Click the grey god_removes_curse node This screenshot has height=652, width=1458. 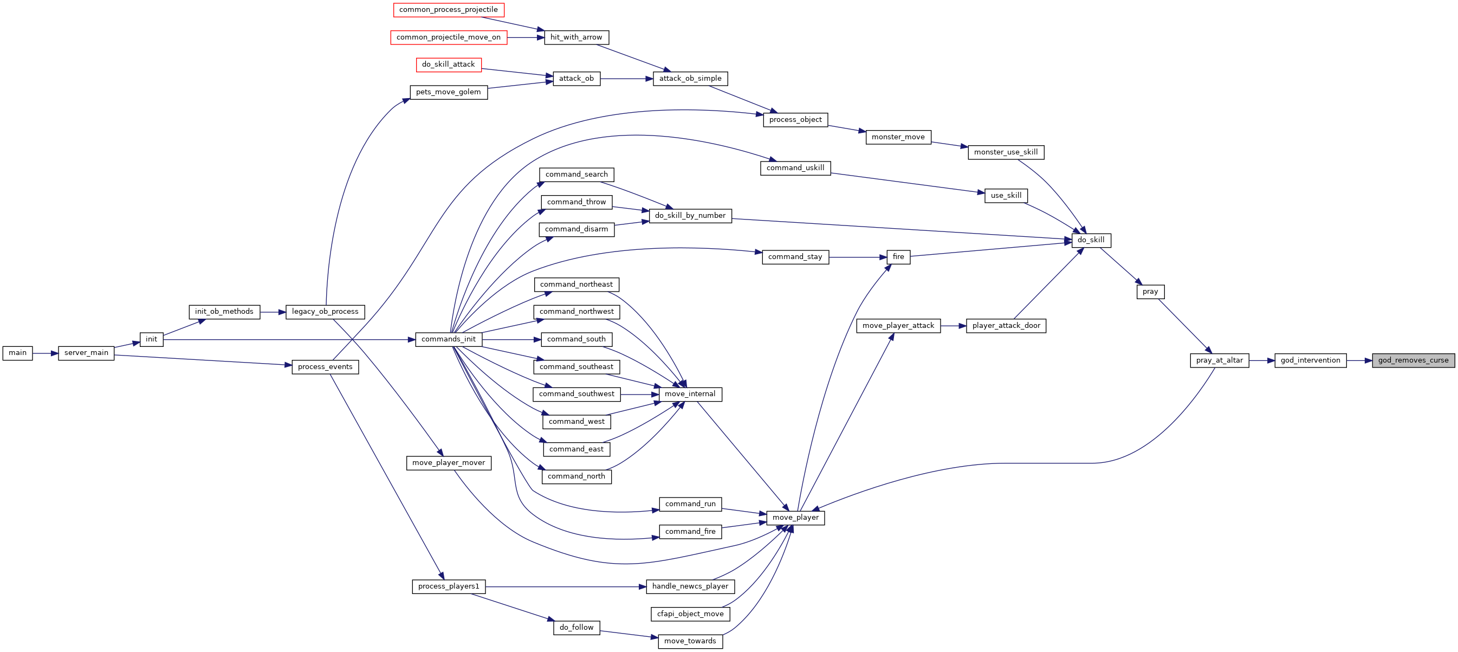point(1413,360)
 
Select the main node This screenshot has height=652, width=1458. point(17,353)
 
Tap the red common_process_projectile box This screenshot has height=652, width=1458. point(448,10)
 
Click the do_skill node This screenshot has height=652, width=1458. point(1091,240)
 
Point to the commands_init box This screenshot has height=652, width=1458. point(449,340)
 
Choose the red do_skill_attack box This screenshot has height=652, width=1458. point(448,64)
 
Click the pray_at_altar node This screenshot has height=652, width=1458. point(1219,360)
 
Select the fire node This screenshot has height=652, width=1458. point(898,257)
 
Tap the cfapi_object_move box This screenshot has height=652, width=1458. point(690,614)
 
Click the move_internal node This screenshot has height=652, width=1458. point(690,395)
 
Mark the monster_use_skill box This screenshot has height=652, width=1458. point(1006,152)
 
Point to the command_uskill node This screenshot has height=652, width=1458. point(795,168)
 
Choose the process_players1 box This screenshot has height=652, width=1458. point(448,586)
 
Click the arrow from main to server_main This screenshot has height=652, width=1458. point(46,353)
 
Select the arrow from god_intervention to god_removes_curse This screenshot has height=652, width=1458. point(1359,360)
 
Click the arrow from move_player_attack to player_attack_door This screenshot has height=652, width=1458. point(954,326)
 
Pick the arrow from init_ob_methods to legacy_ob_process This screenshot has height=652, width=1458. point(273,312)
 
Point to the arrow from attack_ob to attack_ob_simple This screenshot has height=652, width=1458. point(626,79)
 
